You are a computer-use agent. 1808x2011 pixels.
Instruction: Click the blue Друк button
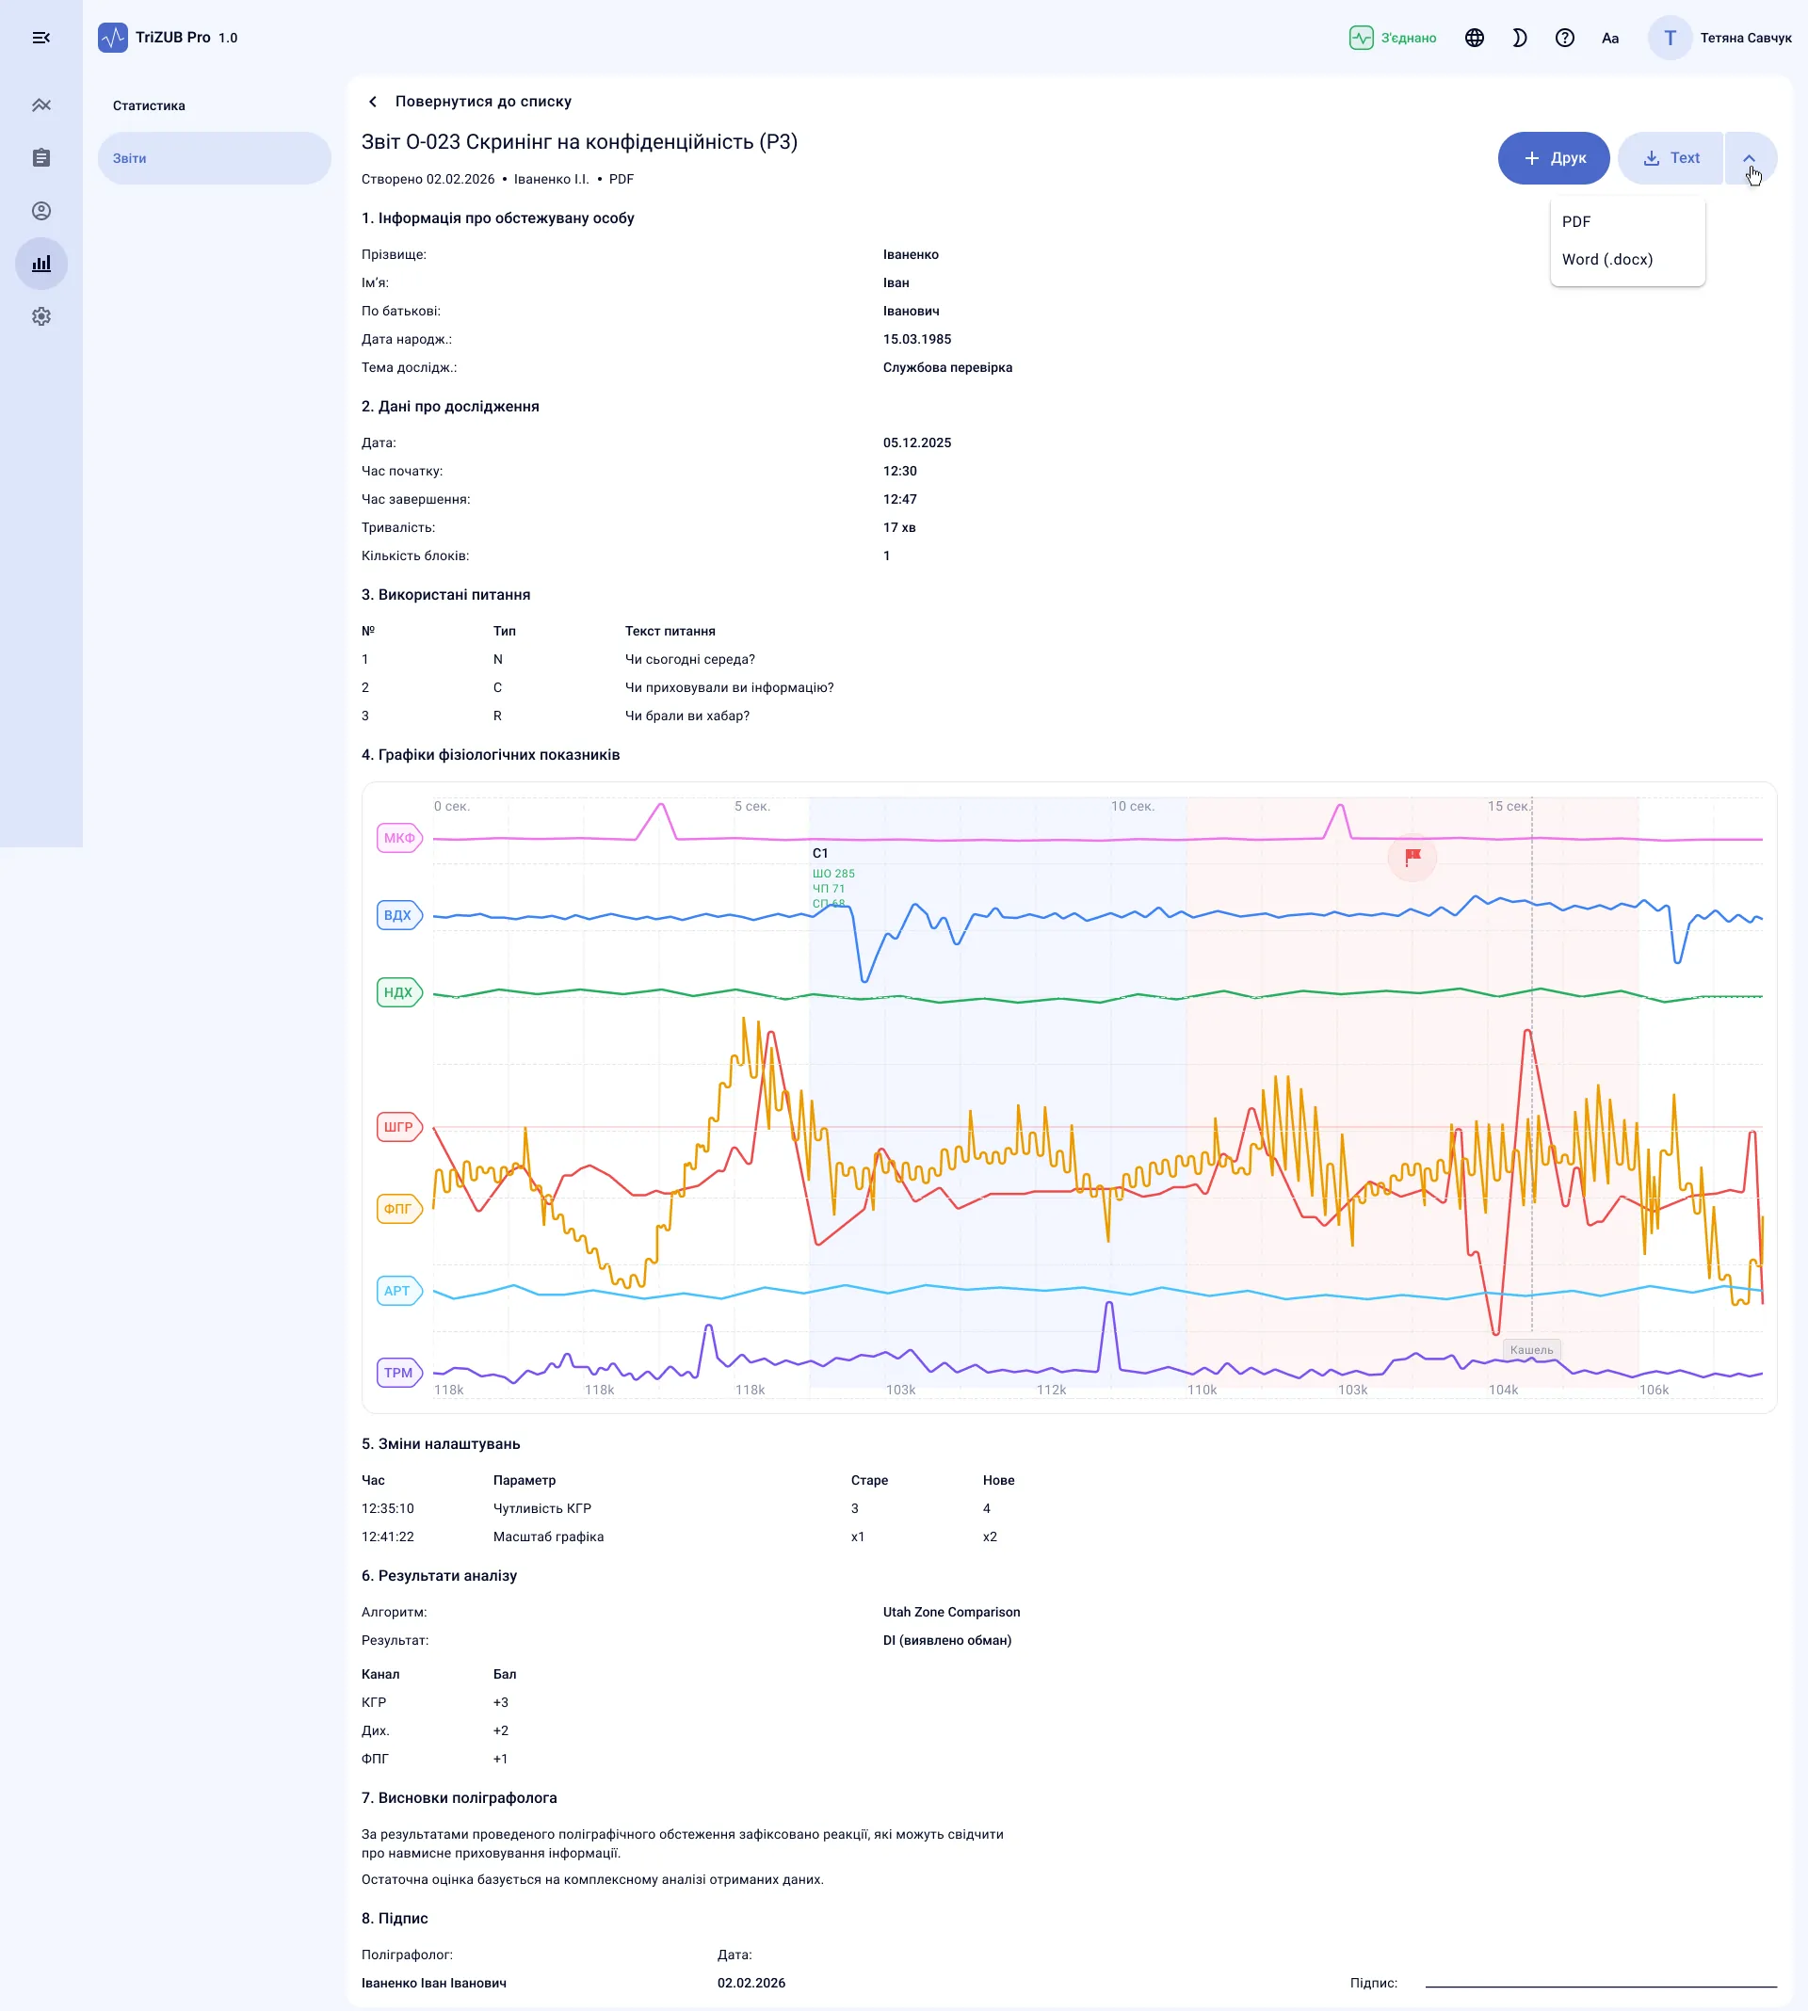coord(1553,158)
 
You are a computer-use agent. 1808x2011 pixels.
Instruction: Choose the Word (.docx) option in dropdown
coord(1606,259)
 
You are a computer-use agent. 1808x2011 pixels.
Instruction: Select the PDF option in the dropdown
coord(1575,221)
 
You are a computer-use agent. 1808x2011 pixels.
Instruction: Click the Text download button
coord(1671,158)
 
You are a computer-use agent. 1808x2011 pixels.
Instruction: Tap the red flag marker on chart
coord(1412,856)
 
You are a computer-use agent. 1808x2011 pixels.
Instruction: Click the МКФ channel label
coord(399,838)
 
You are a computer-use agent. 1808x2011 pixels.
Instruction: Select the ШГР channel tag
coord(399,1127)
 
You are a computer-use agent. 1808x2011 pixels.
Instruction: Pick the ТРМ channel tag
coord(399,1373)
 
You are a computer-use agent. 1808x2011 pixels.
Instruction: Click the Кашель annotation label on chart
coord(1531,1349)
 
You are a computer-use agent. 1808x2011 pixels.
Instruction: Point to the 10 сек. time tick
coord(1133,807)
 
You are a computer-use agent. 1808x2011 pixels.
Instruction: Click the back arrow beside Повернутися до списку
coord(373,102)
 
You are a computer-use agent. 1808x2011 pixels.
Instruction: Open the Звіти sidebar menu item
coord(214,158)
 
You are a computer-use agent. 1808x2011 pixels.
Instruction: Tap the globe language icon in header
coord(1475,38)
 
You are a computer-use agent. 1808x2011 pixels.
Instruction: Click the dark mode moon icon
coord(1519,38)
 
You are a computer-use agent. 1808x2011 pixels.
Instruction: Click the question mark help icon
coord(1565,38)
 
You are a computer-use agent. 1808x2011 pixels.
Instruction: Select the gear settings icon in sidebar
coord(40,316)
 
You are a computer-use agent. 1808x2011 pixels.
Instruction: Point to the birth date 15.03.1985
coord(917,340)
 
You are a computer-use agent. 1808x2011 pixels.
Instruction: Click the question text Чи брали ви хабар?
coord(686,716)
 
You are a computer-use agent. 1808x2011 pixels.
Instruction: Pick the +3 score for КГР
coord(501,1702)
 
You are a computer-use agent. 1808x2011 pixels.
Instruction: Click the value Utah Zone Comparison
coord(951,1612)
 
